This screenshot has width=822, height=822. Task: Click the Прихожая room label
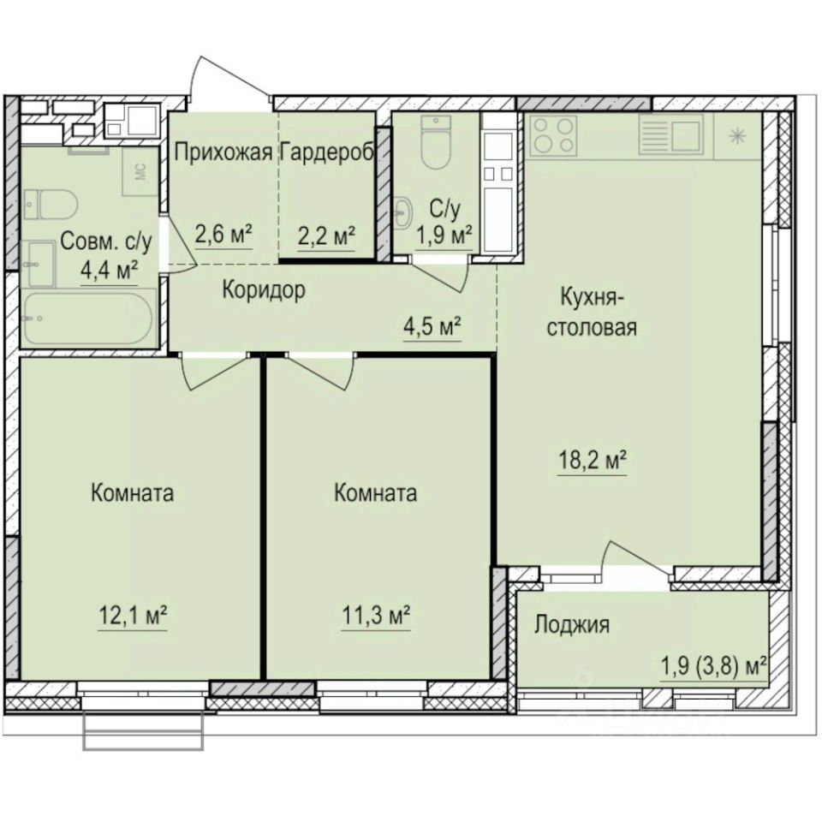point(223,152)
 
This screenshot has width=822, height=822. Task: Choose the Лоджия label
point(571,625)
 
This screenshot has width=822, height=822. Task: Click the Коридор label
point(264,290)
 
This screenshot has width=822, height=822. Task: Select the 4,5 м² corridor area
point(433,327)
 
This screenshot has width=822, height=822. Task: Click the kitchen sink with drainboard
point(670,135)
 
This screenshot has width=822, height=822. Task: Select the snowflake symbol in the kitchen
point(736,135)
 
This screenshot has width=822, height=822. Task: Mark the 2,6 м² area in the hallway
point(223,234)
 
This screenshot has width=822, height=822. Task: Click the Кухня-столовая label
point(597,312)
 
